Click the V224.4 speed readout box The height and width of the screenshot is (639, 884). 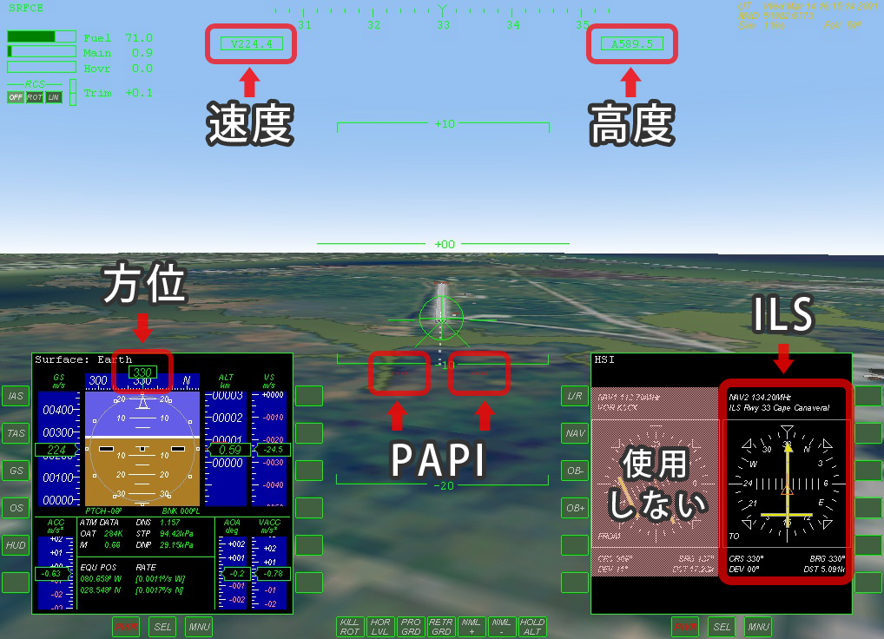pos(251,43)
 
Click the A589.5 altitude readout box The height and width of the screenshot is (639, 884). pos(631,43)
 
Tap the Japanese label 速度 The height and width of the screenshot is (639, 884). pos(249,123)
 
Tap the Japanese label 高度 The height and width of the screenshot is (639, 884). pos(631,123)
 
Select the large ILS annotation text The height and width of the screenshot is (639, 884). pos(783,315)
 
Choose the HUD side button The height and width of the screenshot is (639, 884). pos(16,544)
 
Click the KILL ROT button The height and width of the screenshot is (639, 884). pos(350,627)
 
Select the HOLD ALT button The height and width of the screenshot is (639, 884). pos(531,627)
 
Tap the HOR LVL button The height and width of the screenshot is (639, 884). pos(380,627)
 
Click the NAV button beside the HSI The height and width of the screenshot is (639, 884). pos(575,432)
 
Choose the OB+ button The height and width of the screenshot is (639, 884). pos(575,508)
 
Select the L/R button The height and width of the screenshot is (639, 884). pos(575,396)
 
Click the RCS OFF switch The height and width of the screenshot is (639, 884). pos(16,97)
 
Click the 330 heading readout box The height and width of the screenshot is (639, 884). pos(142,372)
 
